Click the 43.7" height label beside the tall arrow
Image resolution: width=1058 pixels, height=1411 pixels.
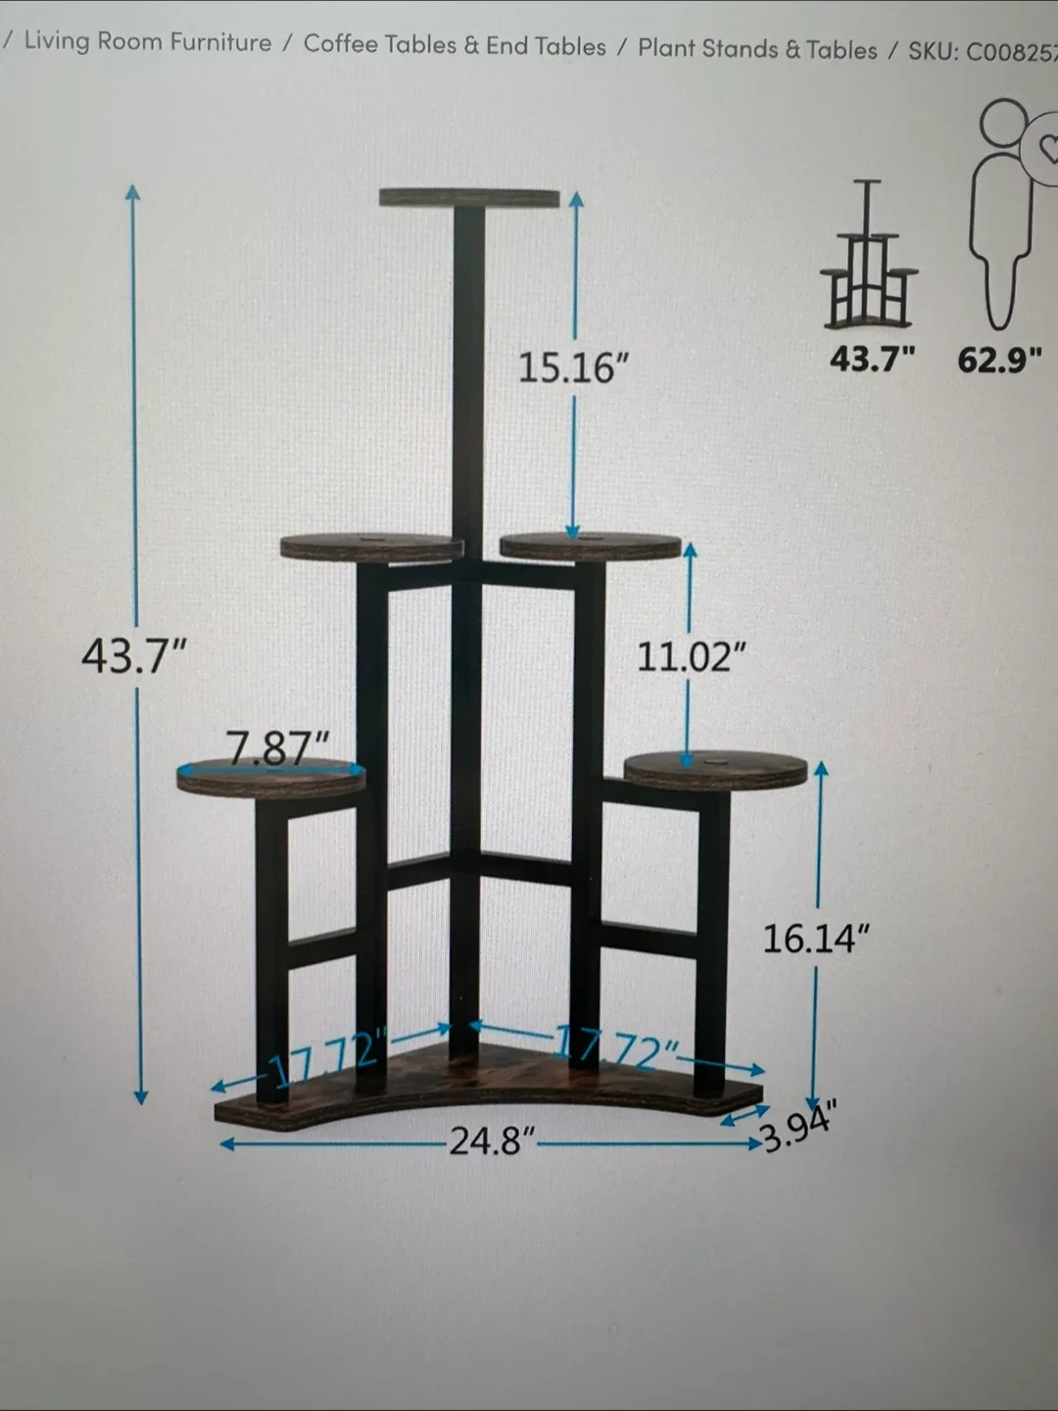tap(133, 656)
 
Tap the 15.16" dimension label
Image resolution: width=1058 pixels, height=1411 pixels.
tap(573, 368)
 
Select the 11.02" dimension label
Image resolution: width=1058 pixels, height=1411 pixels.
tap(691, 657)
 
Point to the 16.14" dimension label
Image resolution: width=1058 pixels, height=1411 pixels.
tap(815, 939)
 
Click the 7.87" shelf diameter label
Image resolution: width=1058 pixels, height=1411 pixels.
tap(277, 750)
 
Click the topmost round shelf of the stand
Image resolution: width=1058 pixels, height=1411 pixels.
tap(469, 197)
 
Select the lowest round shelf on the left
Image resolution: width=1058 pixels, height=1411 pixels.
tap(271, 778)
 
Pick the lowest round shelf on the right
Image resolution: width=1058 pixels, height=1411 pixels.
tap(715, 770)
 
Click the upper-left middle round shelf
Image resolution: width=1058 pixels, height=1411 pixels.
tap(371, 547)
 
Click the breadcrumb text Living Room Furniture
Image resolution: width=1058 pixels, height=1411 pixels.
tap(147, 41)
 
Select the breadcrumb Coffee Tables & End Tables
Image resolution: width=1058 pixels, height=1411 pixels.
tap(455, 45)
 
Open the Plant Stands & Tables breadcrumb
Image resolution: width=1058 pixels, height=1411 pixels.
tap(757, 49)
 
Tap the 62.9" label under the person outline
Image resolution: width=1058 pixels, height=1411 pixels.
tap(998, 360)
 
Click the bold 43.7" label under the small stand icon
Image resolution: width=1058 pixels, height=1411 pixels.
tap(871, 359)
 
